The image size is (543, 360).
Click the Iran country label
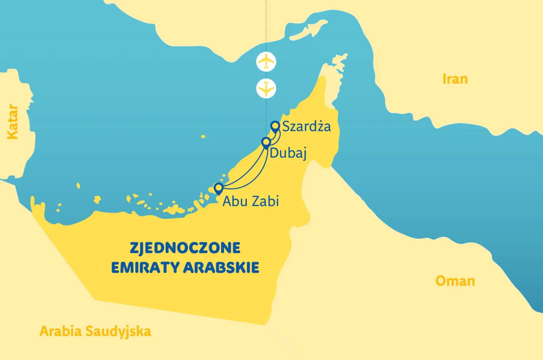455,79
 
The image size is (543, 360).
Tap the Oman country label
455,281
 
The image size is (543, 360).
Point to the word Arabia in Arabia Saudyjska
60,331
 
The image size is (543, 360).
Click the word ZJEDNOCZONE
185,248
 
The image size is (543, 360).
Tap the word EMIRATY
145,268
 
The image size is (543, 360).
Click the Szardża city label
306,126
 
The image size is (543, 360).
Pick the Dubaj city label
288,154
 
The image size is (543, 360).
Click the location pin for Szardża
275,126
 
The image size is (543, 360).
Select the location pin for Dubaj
266,142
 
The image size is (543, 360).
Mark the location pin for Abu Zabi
218,188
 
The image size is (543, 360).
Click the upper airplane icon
266,61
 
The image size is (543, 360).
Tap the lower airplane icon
266,88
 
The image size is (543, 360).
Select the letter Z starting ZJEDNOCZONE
133,248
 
